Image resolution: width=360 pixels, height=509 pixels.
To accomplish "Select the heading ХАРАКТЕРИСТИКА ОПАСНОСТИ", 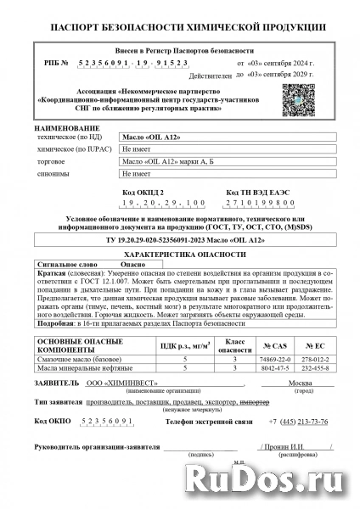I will (x=180, y=253).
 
